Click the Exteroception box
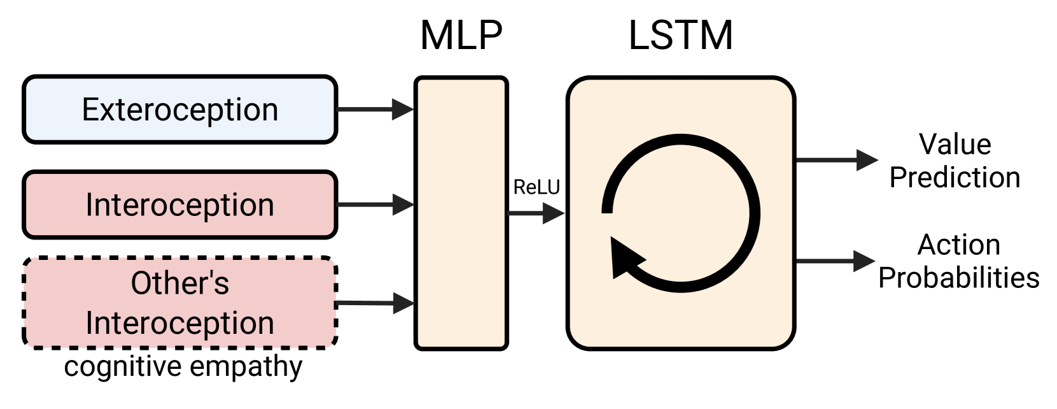pos(179,110)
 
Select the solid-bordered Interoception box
pos(179,205)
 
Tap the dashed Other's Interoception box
pos(179,303)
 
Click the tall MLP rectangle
pos(461,213)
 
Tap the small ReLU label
pos(536,187)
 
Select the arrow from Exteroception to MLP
pos(375,110)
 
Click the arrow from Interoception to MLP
pos(375,205)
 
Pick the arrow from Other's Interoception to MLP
pos(375,303)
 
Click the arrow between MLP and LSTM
pos(536,214)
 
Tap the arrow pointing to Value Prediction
pos(836,160)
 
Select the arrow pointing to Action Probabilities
pos(836,261)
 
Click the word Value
pos(955,145)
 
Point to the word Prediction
pos(955,177)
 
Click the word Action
pos(958,245)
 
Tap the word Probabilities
pos(958,278)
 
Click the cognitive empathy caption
pos(183,367)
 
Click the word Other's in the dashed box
pos(179,283)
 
